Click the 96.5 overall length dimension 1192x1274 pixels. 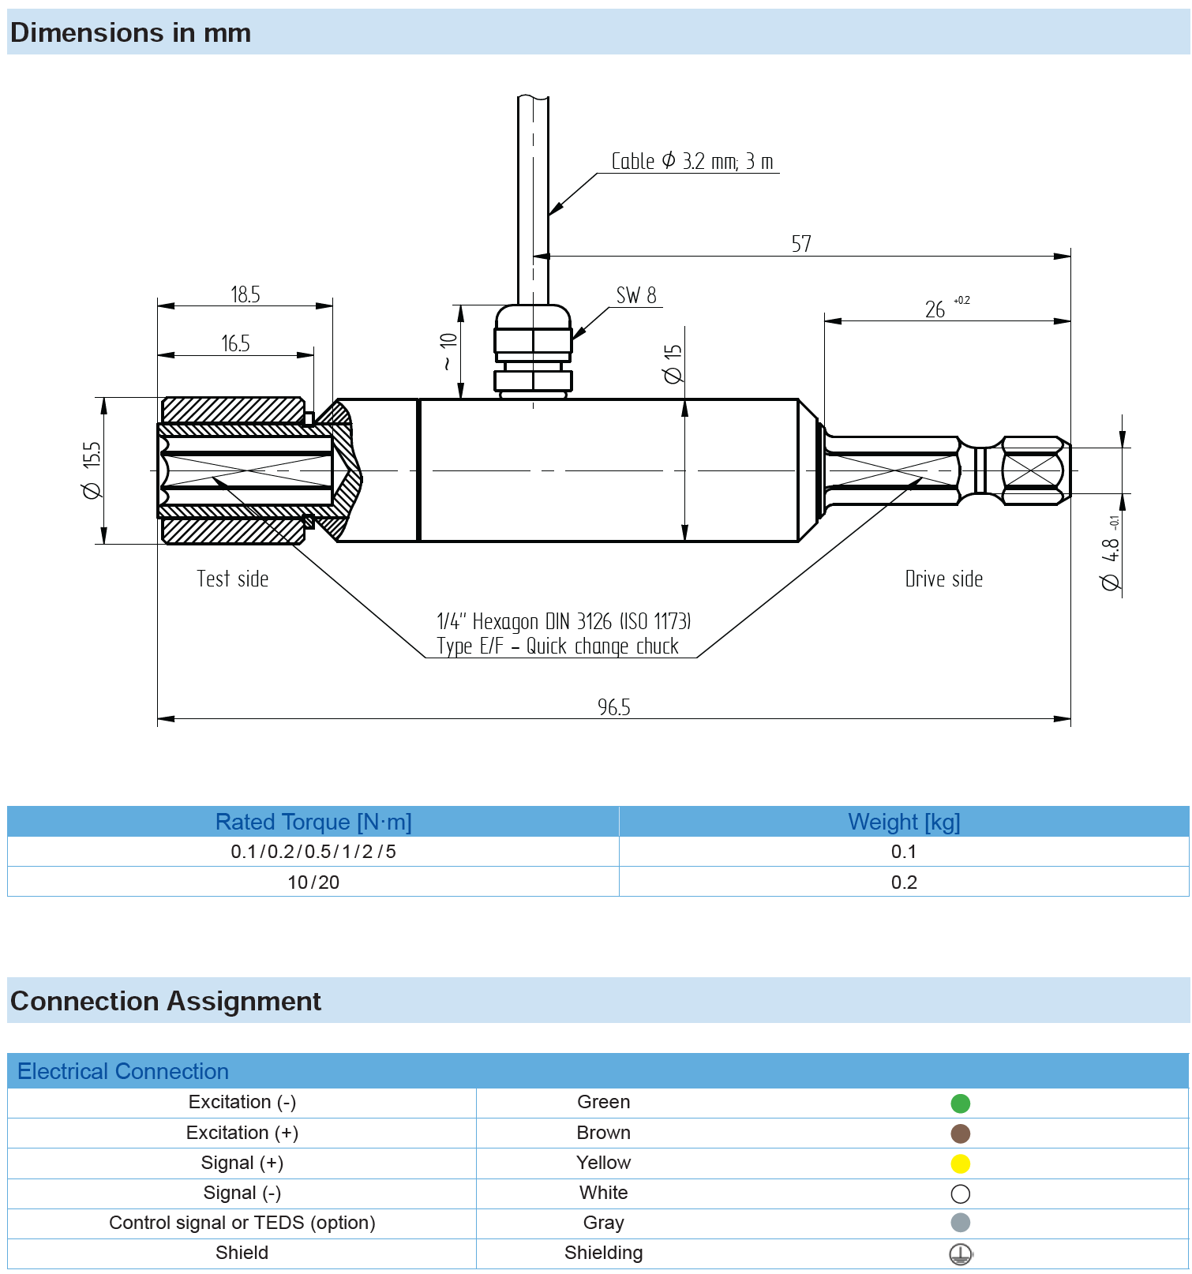[613, 706]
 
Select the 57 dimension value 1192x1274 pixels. [800, 244]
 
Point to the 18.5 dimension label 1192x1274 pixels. [245, 295]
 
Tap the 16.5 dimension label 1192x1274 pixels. [235, 344]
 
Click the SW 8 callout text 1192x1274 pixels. [635, 296]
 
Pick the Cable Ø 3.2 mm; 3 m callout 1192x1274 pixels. [692, 162]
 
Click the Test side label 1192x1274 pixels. [232, 579]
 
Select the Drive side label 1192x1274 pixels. [943, 579]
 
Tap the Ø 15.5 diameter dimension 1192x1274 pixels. [92, 470]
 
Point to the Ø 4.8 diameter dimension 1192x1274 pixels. [1110, 564]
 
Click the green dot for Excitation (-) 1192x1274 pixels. [960, 1104]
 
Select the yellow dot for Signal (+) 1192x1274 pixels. [960, 1163]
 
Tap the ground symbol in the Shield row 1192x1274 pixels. [960, 1253]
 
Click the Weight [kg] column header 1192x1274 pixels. [904, 822]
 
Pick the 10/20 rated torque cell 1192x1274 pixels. [313, 882]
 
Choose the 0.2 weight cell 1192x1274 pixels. [904, 882]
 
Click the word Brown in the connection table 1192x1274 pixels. [603, 1133]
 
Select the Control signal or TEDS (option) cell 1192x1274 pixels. [242, 1223]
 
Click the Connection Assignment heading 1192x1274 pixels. [166, 1001]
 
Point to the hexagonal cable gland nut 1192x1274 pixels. [533, 340]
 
